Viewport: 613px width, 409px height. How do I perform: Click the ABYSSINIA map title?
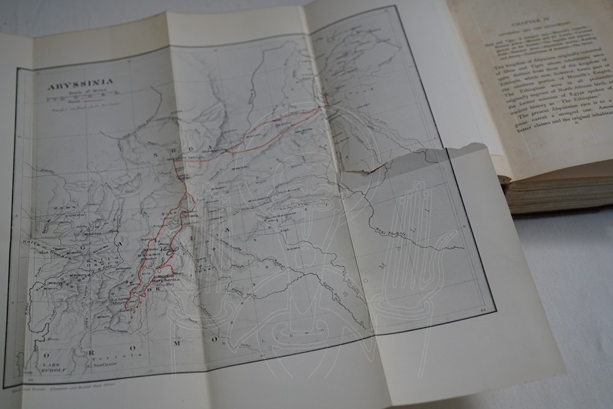tap(72, 87)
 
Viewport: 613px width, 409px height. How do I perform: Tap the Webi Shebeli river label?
tap(392, 234)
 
